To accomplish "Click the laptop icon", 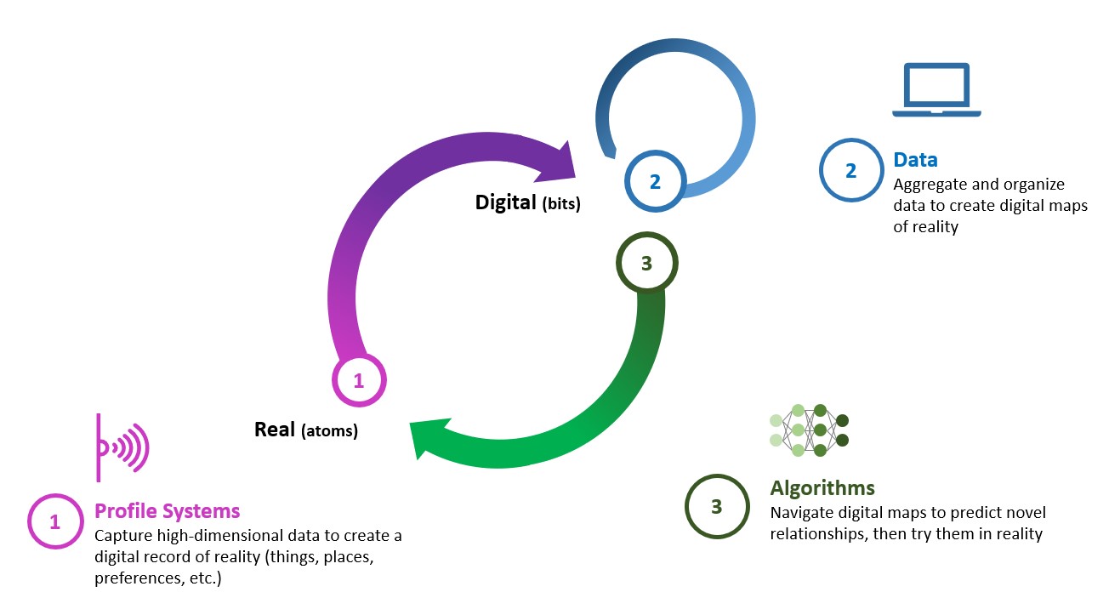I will coord(936,90).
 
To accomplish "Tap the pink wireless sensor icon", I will coord(122,447).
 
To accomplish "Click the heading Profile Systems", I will coord(167,511).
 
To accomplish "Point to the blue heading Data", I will coord(915,160).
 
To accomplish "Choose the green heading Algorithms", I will coord(822,487).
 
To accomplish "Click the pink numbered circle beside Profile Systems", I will coord(55,521).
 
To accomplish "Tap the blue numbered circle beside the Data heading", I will coord(850,170).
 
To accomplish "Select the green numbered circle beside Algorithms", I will coord(716,507).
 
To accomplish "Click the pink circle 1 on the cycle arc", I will coord(358,381).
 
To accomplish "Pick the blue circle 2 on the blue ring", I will coord(654,181).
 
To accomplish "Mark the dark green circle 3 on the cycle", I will coord(645,264).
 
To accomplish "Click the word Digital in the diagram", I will coord(505,202).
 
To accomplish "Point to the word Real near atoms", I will coord(274,430).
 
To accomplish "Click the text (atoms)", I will coord(329,431).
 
